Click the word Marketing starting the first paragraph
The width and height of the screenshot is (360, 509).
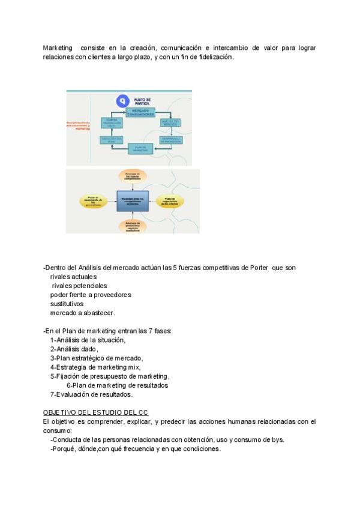point(57,47)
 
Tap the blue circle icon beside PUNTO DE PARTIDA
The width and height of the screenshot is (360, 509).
point(123,100)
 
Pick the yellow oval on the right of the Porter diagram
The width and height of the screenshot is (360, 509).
point(173,201)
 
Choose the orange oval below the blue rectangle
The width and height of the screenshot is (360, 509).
point(133,227)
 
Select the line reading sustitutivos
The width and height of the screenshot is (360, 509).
point(67,304)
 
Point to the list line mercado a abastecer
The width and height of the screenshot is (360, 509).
point(82,313)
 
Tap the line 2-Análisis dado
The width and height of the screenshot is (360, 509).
point(74,349)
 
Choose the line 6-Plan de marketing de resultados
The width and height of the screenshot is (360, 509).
point(117,385)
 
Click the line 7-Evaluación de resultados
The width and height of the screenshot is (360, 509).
point(91,394)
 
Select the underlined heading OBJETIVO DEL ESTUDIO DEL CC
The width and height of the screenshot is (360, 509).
point(95,412)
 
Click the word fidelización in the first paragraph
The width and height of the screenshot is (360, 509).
point(214,57)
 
